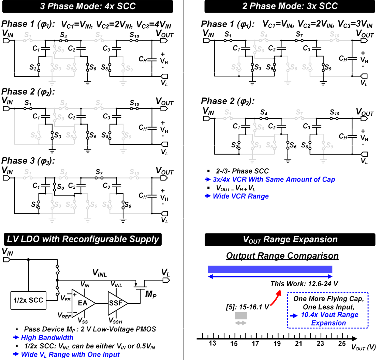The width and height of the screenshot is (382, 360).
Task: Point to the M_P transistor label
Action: [x=150, y=294]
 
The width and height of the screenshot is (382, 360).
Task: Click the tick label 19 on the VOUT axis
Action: [x=277, y=343]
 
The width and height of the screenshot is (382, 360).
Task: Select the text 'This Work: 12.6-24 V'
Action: [x=305, y=284]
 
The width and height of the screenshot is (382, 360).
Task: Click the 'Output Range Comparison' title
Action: [x=282, y=256]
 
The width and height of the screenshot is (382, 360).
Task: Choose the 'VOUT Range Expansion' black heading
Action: [x=290, y=239]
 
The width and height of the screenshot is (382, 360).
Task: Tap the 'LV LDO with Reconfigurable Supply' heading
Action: [x=83, y=239]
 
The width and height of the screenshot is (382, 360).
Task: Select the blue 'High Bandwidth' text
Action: [x=47, y=338]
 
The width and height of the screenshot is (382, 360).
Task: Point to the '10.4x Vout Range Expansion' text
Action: [x=329, y=319]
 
